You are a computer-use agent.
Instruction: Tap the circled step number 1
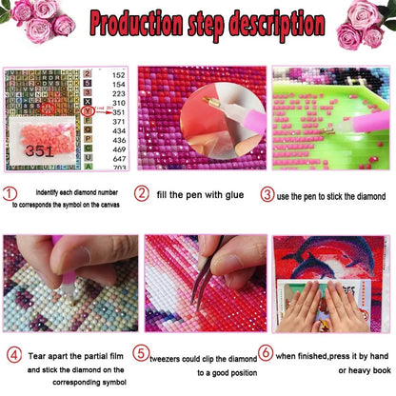(x=10, y=195)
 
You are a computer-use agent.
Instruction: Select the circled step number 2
(x=141, y=194)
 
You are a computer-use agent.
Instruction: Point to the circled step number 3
(x=267, y=194)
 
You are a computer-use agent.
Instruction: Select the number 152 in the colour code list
(x=118, y=72)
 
